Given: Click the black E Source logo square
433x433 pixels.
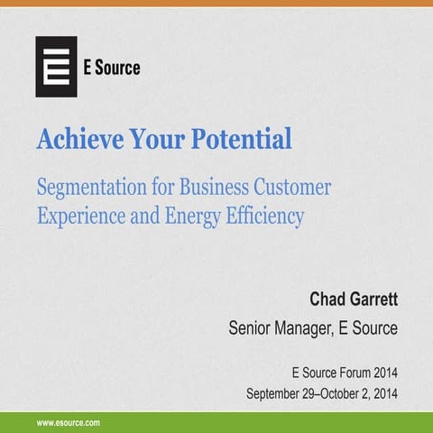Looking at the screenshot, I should point(56,67).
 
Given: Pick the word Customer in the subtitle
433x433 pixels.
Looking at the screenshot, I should point(292,188).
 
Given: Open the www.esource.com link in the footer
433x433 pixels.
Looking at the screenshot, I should point(68,422).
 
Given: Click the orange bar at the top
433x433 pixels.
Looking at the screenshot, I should point(216,4).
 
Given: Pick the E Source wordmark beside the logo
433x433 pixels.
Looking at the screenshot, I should point(113,67).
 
